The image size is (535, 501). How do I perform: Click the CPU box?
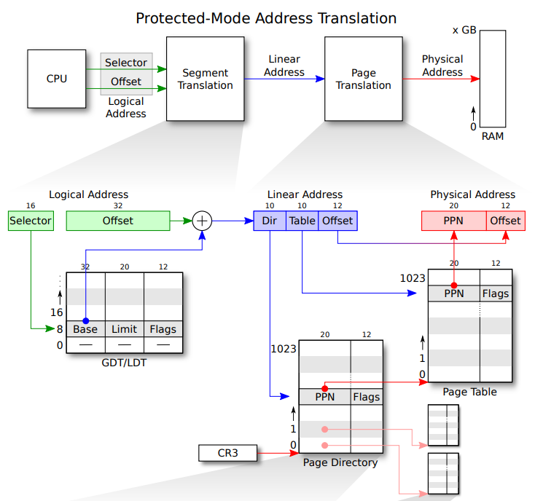[57, 79]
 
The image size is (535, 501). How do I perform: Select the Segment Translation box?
[205, 79]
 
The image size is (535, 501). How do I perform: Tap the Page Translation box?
[364, 79]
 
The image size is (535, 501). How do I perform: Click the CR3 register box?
[227, 453]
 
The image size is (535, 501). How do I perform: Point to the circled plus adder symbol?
[202, 221]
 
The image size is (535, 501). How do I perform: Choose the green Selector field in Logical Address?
[31, 221]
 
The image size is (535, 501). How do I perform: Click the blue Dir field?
[270, 221]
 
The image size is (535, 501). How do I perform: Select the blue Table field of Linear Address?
[302, 221]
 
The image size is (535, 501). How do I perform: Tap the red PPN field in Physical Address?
[454, 221]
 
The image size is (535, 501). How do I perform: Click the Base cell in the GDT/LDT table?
[85, 329]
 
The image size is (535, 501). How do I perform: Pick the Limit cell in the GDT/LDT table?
[125, 329]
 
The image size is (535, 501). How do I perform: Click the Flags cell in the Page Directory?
[367, 397]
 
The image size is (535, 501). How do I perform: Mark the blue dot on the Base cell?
[85, 320]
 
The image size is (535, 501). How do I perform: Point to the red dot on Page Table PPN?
[454, 285]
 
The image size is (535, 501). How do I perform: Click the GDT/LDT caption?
[124, 363]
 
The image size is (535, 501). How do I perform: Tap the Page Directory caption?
[340, 462]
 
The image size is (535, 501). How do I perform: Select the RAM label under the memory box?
[492, 136]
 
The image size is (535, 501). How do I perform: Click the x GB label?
[464, 30]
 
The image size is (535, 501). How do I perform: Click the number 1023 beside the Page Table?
[413, 278]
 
